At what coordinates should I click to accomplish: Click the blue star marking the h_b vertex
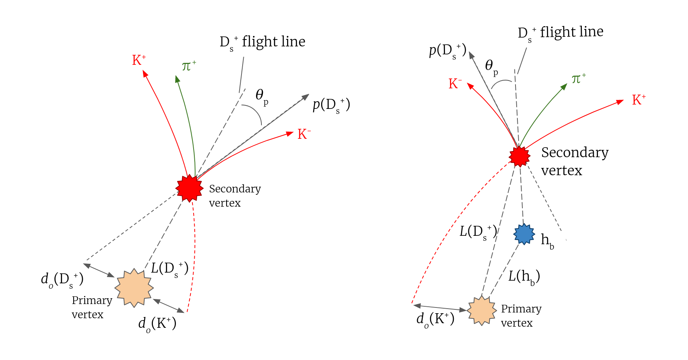click(524, 234)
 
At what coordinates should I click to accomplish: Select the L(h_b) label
click(524, 277)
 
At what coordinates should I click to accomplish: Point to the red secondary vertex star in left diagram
click(189, 188)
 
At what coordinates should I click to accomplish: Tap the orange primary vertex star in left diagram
click(134, 288)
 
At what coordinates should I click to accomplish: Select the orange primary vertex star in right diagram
click(481, 310)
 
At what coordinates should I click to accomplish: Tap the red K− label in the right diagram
click(455, 84)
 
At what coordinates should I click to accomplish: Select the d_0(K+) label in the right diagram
click(435, 319)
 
